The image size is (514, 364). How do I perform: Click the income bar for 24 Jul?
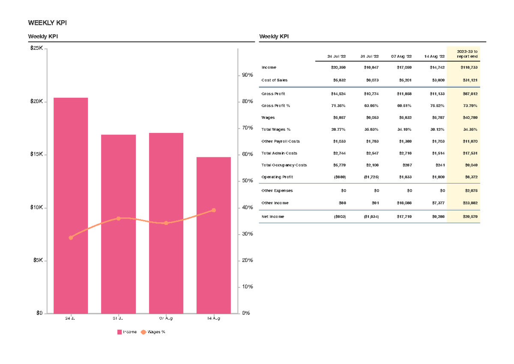coord(71,206)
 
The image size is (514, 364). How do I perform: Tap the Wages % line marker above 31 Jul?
coord(119,219)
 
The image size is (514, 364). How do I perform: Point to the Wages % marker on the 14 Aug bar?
coord(213,210)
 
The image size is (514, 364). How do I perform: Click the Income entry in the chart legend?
coord(127,332)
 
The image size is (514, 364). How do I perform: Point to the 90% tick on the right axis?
coord(247,75)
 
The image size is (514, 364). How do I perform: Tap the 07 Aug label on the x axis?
coord(166,319)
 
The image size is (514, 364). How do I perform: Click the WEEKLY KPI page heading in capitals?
coord(47,23)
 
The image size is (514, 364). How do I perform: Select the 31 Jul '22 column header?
coord(369,57)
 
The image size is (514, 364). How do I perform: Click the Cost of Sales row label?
coord(275,80)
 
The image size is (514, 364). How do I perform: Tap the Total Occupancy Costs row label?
coord(284,165)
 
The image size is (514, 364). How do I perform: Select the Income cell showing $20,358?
coord(338,68)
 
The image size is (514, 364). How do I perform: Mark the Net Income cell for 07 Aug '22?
coord(404,217)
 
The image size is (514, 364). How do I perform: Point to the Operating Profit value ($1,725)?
coord(371,177)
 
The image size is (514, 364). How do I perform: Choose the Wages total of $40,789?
coord(469,117)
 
